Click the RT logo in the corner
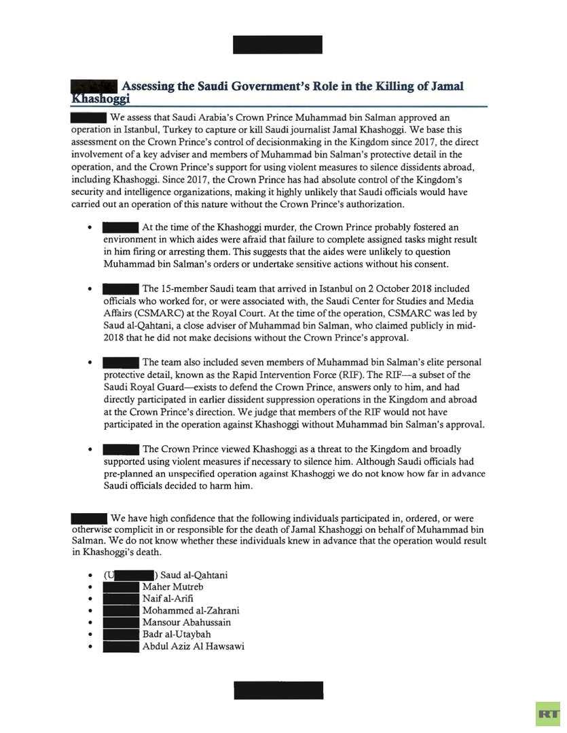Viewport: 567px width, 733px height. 548,713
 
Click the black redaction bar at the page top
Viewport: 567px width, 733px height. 277,45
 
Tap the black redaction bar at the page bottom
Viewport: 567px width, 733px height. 278,690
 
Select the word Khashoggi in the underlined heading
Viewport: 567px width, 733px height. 100,99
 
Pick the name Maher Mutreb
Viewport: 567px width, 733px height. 173,587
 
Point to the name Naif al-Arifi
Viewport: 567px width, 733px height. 168,599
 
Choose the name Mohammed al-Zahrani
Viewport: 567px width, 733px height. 191,611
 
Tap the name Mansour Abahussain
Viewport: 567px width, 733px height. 187,622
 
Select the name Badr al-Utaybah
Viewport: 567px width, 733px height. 176,635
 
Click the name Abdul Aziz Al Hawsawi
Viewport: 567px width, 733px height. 194,646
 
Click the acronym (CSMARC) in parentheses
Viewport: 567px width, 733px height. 132,313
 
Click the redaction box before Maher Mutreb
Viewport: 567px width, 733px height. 121,587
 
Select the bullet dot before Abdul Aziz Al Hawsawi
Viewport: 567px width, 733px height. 90,647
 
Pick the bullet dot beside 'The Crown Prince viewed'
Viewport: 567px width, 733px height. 90,449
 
